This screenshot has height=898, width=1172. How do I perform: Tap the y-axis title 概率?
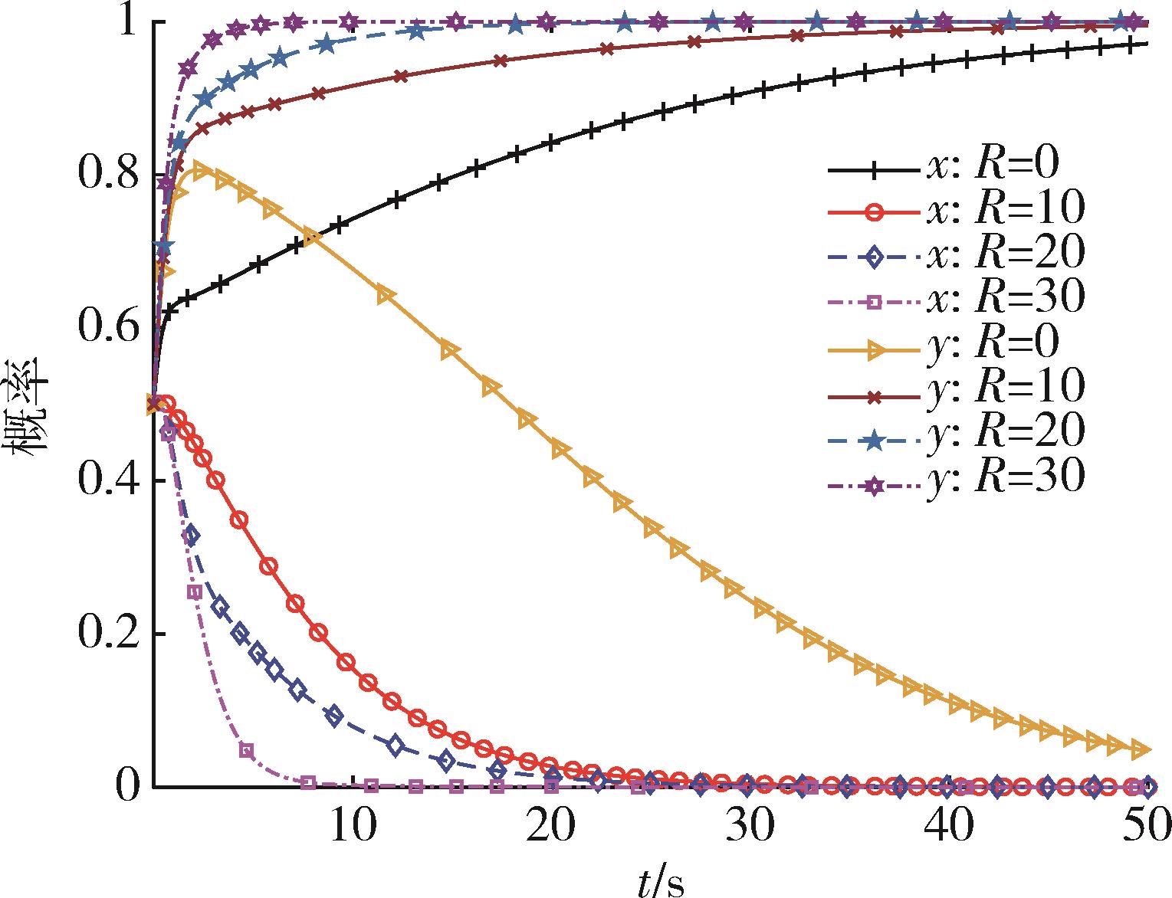[28, 410]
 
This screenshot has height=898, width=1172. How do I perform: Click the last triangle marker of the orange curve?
[1141, 749]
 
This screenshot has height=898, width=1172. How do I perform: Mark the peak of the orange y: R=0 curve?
[201, 170]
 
